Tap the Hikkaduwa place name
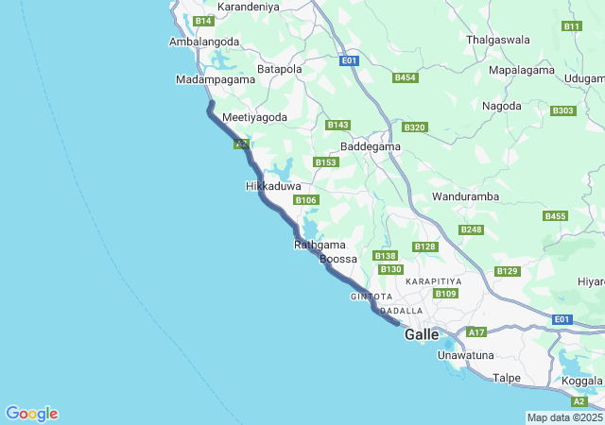coord(273,187)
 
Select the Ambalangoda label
coord(203,42)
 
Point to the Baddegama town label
coord(371,147)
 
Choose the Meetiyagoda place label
coord(253,117)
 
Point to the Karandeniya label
coord(248,7)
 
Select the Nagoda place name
coord(502,106)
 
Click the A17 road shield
coord(476,332)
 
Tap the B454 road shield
coord(405,77)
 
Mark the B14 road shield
coord(203,21)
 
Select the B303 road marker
coord(562,110)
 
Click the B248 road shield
coord(471,229)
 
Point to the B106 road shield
coord(305,200)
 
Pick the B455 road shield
coord(555,216)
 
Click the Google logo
coord(31,414)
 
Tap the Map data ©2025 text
coord(564,417)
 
